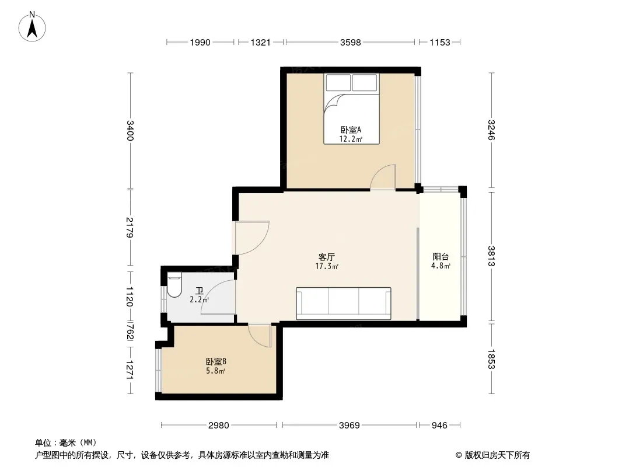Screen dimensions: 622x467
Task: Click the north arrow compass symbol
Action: tap(32, 27)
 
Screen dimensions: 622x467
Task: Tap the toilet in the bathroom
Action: tap(174, 284)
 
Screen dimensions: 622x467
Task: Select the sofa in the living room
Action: tap(344, 303)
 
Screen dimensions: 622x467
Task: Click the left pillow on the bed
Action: tap(338, 82)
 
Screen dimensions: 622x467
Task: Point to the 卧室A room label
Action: tap(351, 130)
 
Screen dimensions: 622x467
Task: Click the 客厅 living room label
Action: tap(327, 257)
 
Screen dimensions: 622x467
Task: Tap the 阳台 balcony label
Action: tap(441, 257)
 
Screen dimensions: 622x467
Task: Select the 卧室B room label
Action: tap(216, 362)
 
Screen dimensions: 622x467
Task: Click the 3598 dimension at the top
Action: tap(350, 42)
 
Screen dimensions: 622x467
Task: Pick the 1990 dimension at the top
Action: tap(200, 42)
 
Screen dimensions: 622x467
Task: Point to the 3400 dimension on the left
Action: tap(130, 130)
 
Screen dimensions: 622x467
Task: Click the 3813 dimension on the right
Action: tap(491, 256)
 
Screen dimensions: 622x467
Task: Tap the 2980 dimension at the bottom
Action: tap(219, 426)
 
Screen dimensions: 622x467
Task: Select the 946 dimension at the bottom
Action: tap(439, 426)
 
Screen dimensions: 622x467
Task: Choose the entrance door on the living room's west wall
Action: tap(252, 237)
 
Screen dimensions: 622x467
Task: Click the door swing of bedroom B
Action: tap(260, 335)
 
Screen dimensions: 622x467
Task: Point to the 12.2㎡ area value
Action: tap(351, 140)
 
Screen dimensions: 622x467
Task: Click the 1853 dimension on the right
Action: tap(491, 358)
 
